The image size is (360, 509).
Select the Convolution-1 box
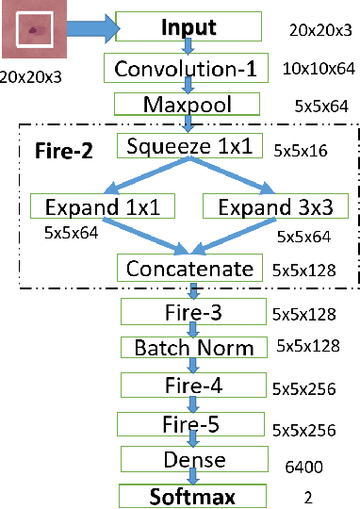coord(188,68)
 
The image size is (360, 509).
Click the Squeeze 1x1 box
coord(188,145)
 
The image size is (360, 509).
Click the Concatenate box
coord(188,269)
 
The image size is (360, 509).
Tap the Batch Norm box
coord(193,348)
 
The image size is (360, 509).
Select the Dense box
coord(193,459)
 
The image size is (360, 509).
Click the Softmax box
coord(194,495)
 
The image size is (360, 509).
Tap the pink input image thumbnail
coord(31,30)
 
